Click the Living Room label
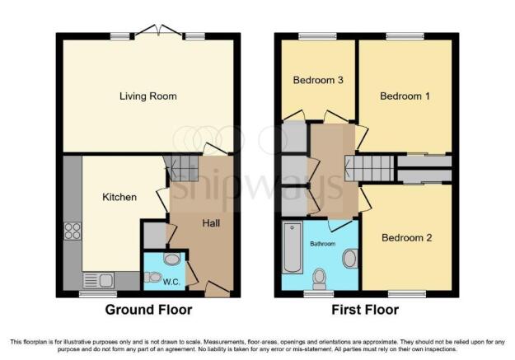tap(148, 96)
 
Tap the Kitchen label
tap(119, 197)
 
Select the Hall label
tap(211, 223)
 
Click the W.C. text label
tap(171, 282)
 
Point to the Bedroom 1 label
tap(405, 96)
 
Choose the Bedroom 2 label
tap(406, 237)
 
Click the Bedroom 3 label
tap(318, 80)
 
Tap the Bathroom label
tap(323, 244)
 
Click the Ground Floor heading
tap(148, 310)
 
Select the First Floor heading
tap(365, 310)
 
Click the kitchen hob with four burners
tap(73, 231)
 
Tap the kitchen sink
tap(98, 281)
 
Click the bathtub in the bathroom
tap(293, 248)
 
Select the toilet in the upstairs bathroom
tap(319, 279)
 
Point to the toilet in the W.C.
tap(152, 278)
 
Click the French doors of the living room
tap(159, 31)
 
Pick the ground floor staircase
tap(181, 168)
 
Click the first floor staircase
tap(369, 168)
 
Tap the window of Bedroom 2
tap(407, 293)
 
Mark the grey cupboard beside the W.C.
tap(155, 235)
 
